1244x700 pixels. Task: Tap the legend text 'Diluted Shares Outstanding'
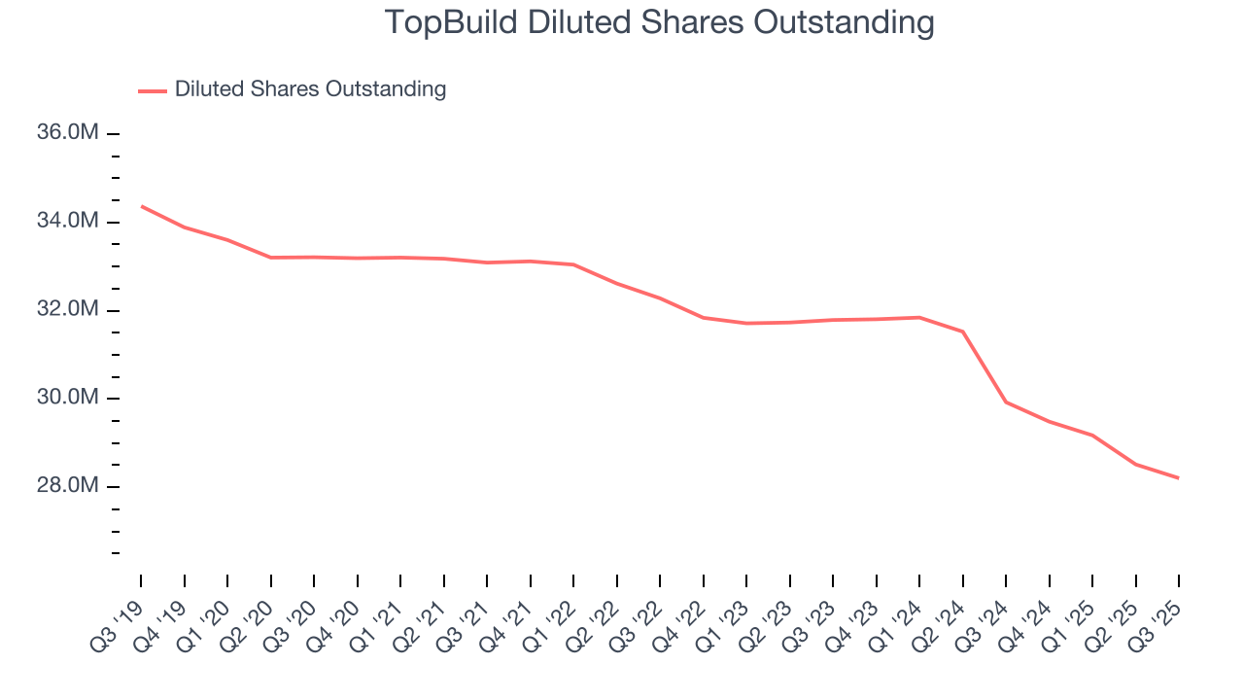click(x=310, y=89)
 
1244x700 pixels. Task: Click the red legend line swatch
click(x=153, y=90)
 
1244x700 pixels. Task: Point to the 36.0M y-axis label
click(x=68, y=133)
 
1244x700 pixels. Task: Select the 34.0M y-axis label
click(x=68, y=222)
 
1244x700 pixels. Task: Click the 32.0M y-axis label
click(x=68, y=310)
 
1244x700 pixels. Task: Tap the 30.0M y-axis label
click(x=68, y=399)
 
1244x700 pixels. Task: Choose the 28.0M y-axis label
click(x=68, y=486)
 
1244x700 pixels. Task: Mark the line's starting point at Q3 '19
click(x=141, y=206)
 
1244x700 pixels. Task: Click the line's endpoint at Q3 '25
click(x=1179, y=477)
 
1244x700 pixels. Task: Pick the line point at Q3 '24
click(x=1006, y=402)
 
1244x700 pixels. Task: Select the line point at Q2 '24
click(x=963, y=332)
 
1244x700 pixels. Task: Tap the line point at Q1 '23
click(x=746, y=323)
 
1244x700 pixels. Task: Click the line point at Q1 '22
click(x=573, y=264)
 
